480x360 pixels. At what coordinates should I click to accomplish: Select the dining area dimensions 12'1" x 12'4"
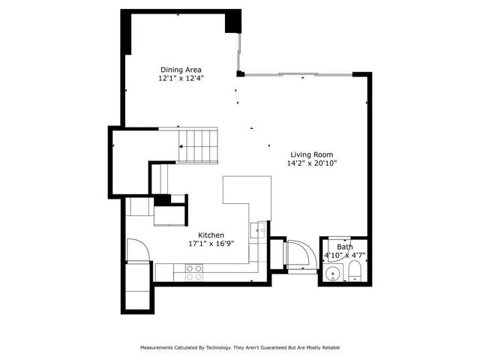(181, 78)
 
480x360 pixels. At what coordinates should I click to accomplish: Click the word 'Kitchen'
(211, 235)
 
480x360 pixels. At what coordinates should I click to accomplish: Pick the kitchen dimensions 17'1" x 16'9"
(211, 244)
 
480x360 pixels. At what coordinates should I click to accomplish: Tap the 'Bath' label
(344, 247)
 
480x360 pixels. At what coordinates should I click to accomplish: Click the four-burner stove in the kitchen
(193, 272)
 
